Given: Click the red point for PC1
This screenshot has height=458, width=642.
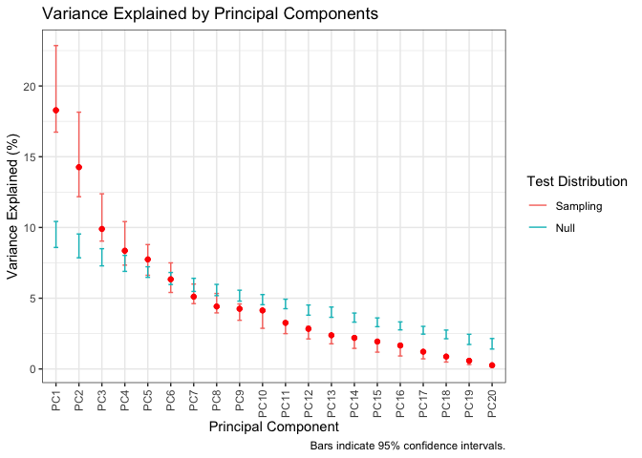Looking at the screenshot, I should coord(55,111).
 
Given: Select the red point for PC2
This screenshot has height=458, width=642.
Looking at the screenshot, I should coord(78,167).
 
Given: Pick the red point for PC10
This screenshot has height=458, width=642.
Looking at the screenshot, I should coord(263,310).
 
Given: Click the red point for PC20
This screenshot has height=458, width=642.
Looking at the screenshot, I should coord(492,365).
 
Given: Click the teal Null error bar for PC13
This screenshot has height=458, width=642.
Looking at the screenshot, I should coord(332,311).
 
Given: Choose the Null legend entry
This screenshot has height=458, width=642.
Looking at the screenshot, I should coord(559,228).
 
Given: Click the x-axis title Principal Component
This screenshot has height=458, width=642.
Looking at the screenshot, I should coord(272,428).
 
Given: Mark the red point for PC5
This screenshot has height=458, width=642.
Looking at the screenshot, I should coord(147,260).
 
